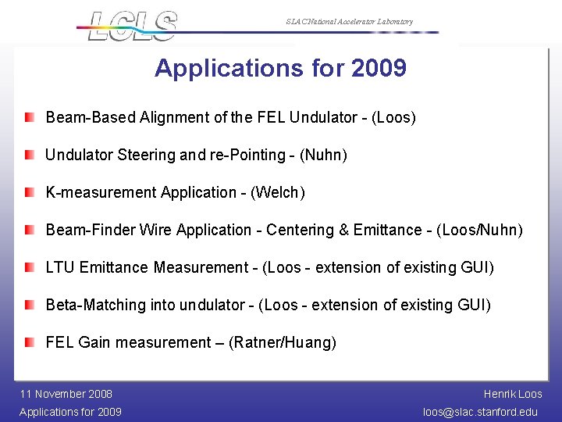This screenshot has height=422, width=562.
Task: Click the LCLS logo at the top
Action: coord(133,25)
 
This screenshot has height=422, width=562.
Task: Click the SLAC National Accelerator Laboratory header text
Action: coord(349,22)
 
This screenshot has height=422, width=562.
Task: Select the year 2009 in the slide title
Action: coord(379,69)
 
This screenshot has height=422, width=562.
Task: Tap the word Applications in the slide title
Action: coord(226,69)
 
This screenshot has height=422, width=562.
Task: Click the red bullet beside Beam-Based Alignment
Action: coord(29,117)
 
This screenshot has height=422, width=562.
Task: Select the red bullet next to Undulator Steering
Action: coord(29,155)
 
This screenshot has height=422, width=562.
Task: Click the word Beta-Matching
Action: coord(96,305)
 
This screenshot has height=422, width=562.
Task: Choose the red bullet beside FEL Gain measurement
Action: coord(29,342)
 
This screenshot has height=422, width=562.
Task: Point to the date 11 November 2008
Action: coord(66,394)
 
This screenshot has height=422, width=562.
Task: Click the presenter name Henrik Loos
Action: coord(513,394)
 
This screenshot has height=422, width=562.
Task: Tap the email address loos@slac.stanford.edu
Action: coord(480,412)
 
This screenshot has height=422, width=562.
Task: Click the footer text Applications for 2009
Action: coord(70,412)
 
